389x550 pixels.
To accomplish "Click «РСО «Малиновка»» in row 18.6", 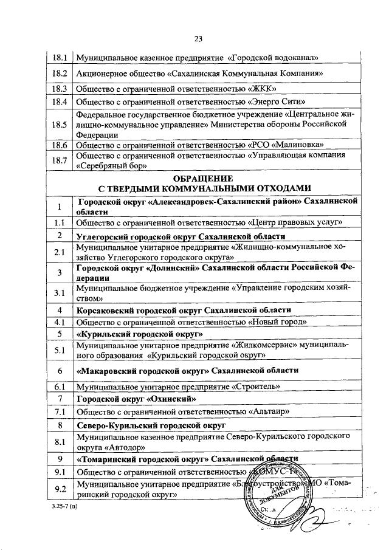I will pos(291,146).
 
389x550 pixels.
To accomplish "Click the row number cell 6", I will pos(60,370).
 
